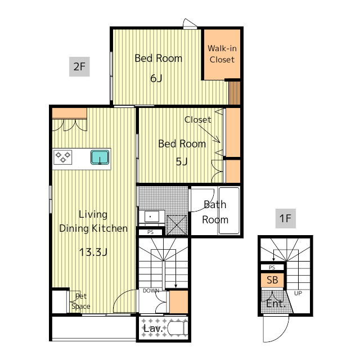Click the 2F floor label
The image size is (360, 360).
point(79,66)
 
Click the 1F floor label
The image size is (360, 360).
point(285,218)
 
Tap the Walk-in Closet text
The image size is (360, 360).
point(222,54)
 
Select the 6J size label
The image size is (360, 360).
point(156,78)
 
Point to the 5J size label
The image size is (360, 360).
point(182,161)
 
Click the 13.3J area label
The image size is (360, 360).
point(93,252)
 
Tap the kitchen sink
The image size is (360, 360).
point(100,157)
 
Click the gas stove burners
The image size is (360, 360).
point(62,157)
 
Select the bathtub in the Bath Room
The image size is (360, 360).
point(229,211)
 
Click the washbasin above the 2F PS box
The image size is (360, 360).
point(151,217)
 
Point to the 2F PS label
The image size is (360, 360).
point(150,232)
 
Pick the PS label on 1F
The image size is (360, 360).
point(272,268)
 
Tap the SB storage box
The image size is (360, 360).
point(272,280)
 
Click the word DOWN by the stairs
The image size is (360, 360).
point(151,291)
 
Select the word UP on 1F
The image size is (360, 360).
point(298,293)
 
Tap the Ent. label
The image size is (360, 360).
point(276,304)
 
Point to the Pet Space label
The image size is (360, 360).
point(81,301)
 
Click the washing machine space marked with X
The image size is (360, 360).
point(177,225)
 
